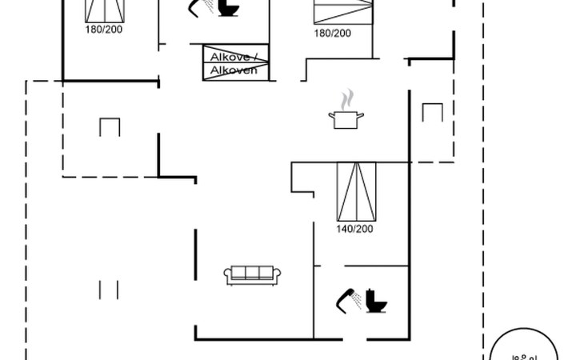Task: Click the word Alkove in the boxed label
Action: tap(227, 56)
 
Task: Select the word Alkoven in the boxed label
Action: tap(234, 70)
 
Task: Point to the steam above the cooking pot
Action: tap(346, 100)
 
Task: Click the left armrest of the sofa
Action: tap(227, 275)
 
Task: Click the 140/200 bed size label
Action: tap(354, 229)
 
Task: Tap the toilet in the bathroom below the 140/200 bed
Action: tap(375, 301)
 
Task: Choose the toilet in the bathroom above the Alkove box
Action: tap(228, 8)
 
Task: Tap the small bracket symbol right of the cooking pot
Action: tap(432, 113)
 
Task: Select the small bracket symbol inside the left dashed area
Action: tap(110, 126)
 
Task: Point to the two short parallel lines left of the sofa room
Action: tap(110, 289)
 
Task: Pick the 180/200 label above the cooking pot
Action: tap(332, 33)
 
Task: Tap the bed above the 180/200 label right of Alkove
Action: tap(343, 11)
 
